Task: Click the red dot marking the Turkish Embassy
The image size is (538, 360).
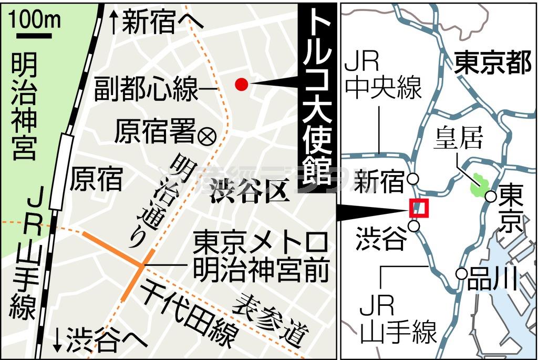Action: click(x=241, y=84)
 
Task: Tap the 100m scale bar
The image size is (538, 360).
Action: click(x=34, y=36)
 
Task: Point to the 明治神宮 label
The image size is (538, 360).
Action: click(x=24, y=105)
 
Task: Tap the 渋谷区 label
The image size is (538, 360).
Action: click(x=250, y=193)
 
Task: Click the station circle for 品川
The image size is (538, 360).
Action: click(x=461, y=274)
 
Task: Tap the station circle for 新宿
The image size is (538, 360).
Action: click(x=413, y=179)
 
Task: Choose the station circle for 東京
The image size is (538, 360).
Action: click(x=491, y=197)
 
